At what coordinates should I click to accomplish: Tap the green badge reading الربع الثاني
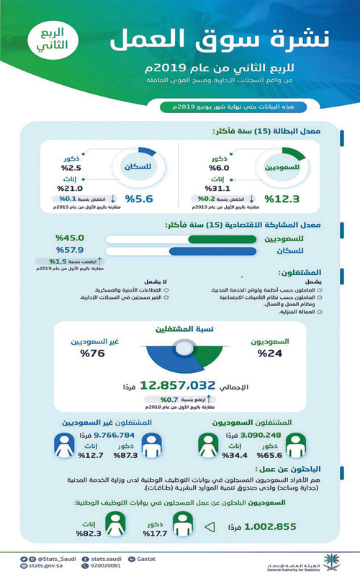[x=50, y=40]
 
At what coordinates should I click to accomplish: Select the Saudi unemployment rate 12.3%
[x=282, y=199]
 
